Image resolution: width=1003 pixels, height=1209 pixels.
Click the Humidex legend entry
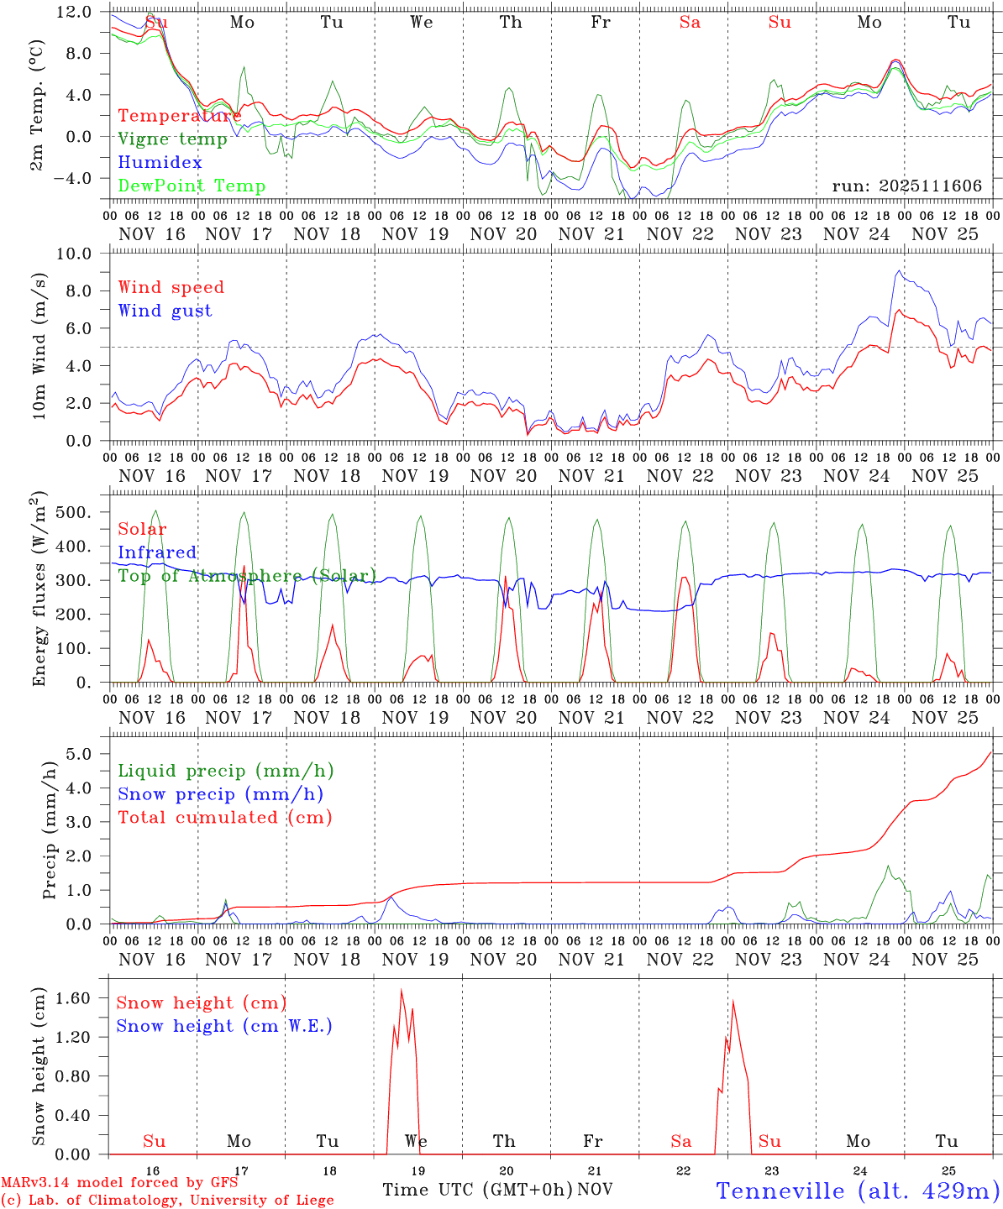click(x=160, y=163)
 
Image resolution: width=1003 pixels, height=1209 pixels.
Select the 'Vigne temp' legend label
click(x=172, y=139)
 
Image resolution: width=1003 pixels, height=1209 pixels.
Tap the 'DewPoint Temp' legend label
click(x=192, y=186)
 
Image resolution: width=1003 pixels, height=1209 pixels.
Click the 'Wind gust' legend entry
click(x=165, y=311)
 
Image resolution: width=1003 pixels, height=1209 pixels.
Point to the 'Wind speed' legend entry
click(x=171, y=287)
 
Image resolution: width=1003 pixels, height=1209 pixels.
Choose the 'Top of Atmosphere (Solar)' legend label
click(x=246, y=576)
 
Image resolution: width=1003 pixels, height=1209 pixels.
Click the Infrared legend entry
click(x=157, y=552)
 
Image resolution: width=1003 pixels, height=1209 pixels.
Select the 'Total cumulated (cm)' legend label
click(x=224, y=817)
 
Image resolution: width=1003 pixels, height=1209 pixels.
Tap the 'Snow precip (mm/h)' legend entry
click(x=220, y=794)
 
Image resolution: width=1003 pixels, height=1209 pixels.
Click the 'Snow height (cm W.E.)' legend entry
click(x=223, y=1026)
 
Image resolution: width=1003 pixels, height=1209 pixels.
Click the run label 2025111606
click(x=906, y=186)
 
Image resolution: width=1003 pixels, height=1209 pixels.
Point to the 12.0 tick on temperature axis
click(x=75, y=13)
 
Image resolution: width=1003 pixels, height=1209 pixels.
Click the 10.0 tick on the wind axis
click(x=75, y=254)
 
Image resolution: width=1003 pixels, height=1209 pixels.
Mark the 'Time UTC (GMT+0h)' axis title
click(x=477, y=1190)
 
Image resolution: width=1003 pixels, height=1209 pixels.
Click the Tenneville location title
click(x=857, y=1191)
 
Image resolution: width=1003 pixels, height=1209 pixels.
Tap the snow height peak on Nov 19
click(x=402, y=991)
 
